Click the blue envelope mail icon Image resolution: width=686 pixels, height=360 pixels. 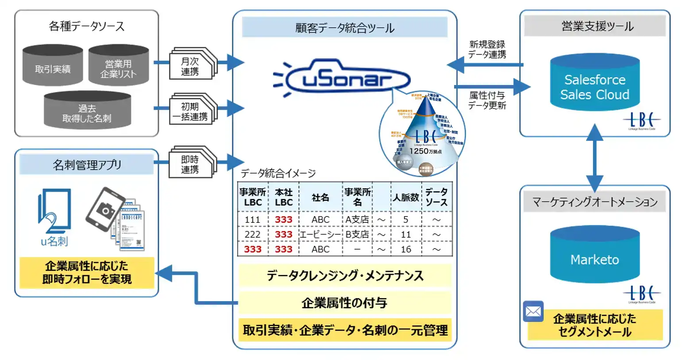(533, 312)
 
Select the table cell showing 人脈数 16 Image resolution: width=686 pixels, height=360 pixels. (406, 249)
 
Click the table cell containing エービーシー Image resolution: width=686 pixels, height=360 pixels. (320, 234)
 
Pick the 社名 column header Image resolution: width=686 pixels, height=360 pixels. (320, 197)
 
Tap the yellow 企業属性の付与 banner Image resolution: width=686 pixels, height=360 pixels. (344, 303)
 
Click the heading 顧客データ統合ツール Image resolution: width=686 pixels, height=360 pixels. (344, 27)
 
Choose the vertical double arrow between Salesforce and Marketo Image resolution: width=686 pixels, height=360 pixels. (594, 158)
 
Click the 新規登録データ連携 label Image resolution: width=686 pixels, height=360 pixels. (487, 49)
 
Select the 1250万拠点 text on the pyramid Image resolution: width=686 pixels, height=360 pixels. (425, 151)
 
